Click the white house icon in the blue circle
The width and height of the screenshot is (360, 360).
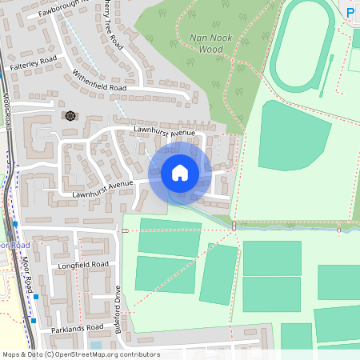click(180, 173)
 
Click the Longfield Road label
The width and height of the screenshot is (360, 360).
click(82, 264)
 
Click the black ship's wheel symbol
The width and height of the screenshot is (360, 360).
click(70, 116)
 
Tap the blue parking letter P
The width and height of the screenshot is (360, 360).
click(351, 11)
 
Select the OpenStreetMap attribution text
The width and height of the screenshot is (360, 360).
click(81, 354)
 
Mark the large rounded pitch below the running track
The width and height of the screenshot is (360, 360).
click(294, 136)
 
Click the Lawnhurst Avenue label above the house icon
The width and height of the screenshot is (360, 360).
click(164, 130)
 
